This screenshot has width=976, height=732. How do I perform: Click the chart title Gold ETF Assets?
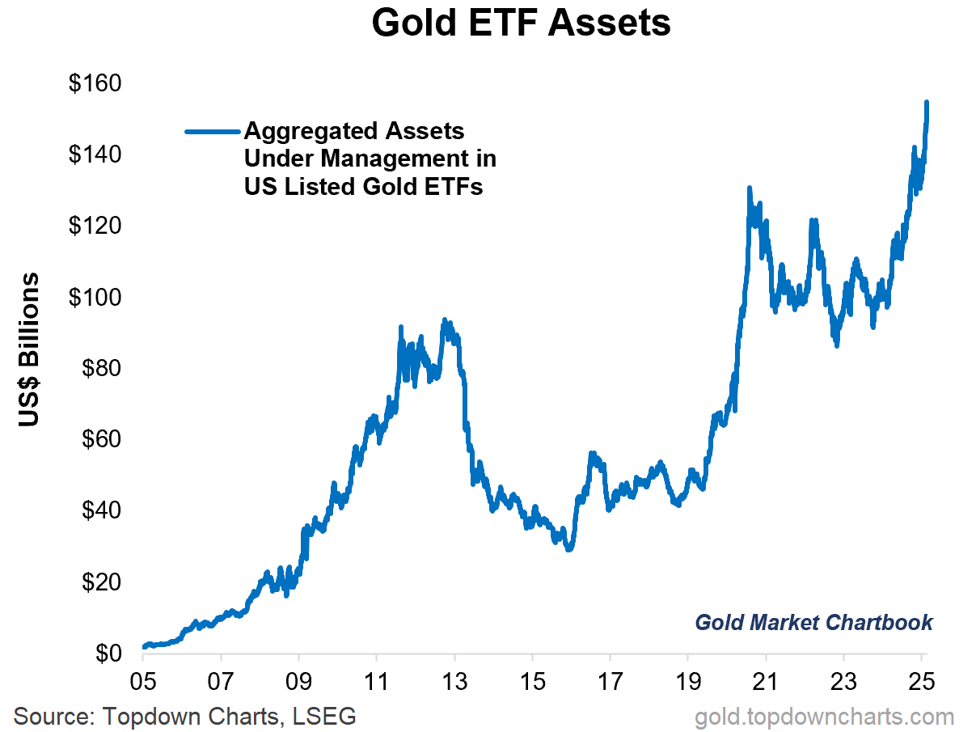tap(521, 24)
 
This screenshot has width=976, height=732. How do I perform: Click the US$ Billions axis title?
tap(30, 349)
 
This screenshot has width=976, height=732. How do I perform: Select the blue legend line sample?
tap(212, 131)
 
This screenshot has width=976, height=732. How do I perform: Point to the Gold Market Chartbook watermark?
tap(813, 622)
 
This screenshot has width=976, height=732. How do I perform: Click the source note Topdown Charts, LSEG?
tap(185, 716)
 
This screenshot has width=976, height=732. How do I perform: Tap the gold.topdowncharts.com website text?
tap(824, 716)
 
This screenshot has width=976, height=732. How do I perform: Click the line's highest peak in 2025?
tap(926, 103)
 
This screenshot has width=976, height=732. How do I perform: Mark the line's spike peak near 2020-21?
tap(749, 188)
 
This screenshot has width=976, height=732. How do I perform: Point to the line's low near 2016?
tap(569, 549)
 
